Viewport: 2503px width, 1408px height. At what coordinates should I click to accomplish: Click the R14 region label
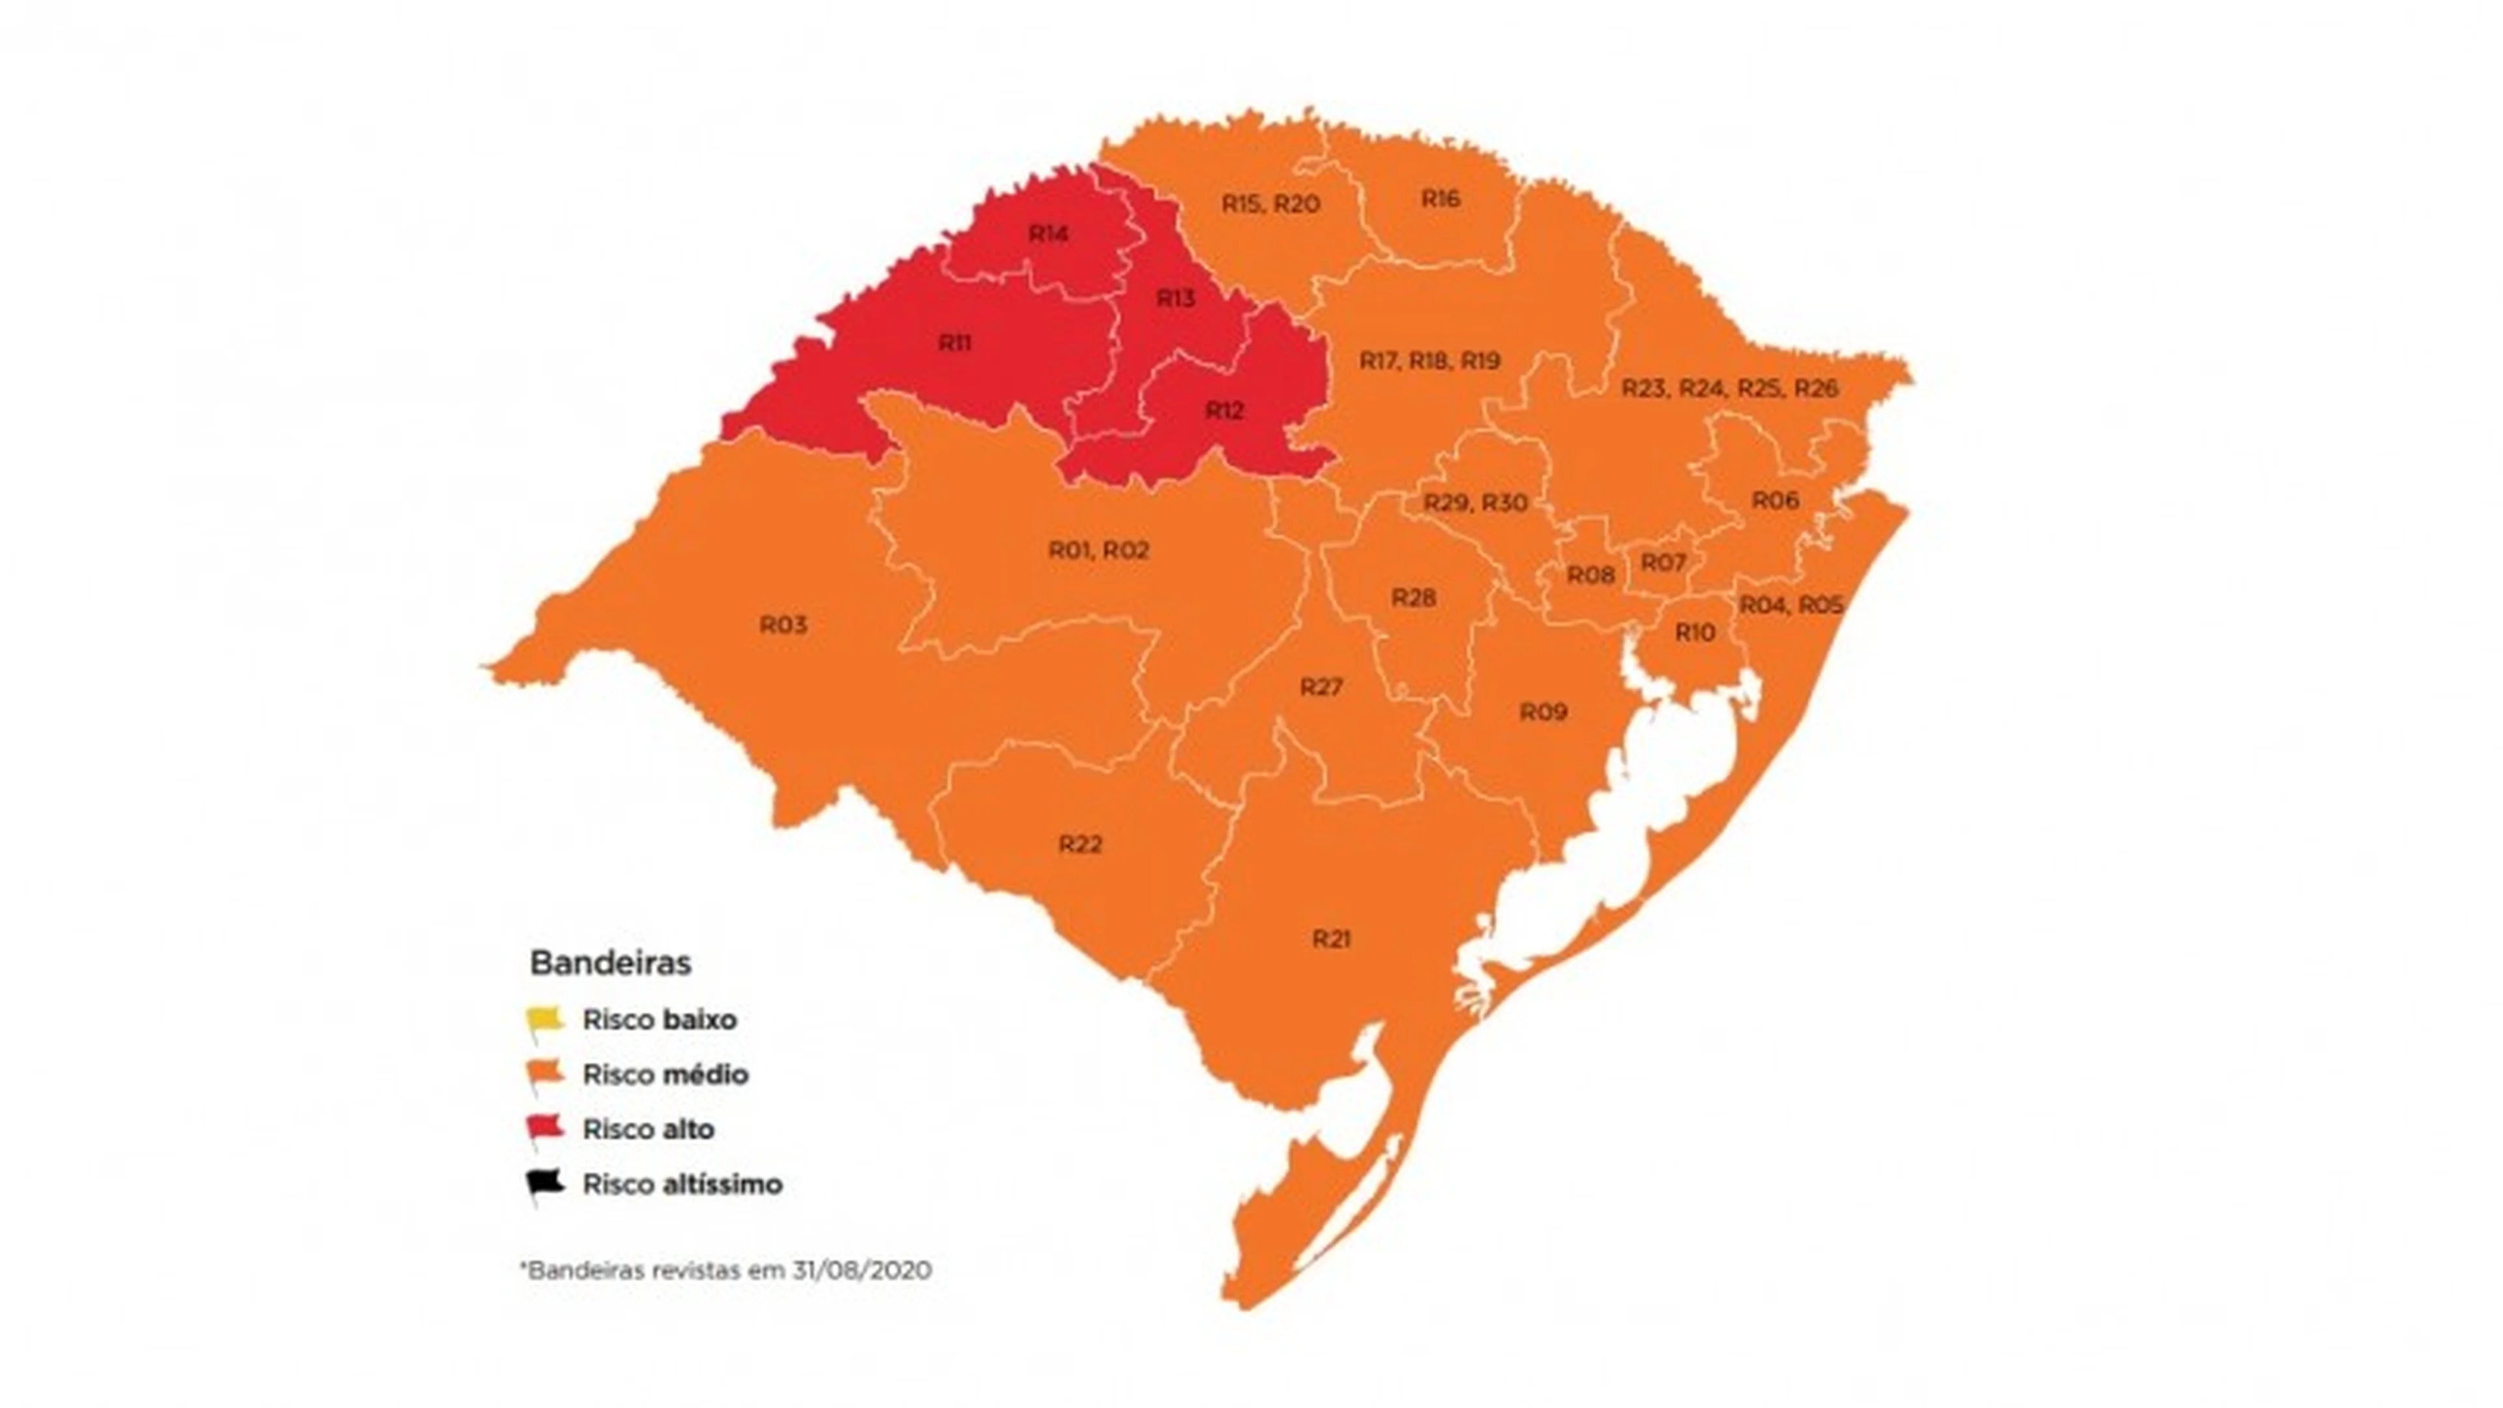pos(1048,234)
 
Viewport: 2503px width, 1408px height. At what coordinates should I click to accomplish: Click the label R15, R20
pos(1270,204)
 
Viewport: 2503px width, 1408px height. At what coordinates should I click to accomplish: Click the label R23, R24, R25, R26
pos(1729,389)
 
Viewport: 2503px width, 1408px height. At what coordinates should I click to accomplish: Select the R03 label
pos(783,625)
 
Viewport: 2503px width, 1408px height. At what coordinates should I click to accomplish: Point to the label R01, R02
pos(1098,551)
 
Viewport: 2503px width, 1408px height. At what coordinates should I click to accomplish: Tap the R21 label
pos(1330,939)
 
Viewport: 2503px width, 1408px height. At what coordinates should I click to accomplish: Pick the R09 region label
pos(1543,712)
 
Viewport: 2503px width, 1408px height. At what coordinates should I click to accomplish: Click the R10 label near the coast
pos(1695,632)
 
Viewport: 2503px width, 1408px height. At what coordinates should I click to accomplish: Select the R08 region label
pos(1590,575)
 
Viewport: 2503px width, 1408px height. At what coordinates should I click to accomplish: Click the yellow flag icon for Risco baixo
pos(544,1019)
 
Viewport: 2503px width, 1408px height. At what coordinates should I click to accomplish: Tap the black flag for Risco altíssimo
pos(544,1184)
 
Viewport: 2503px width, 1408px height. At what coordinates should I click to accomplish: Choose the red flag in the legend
pos(544,1128)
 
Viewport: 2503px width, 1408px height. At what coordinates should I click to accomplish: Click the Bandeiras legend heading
pos(610,963)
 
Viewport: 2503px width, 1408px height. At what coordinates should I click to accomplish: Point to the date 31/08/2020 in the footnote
pos(861,1270)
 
